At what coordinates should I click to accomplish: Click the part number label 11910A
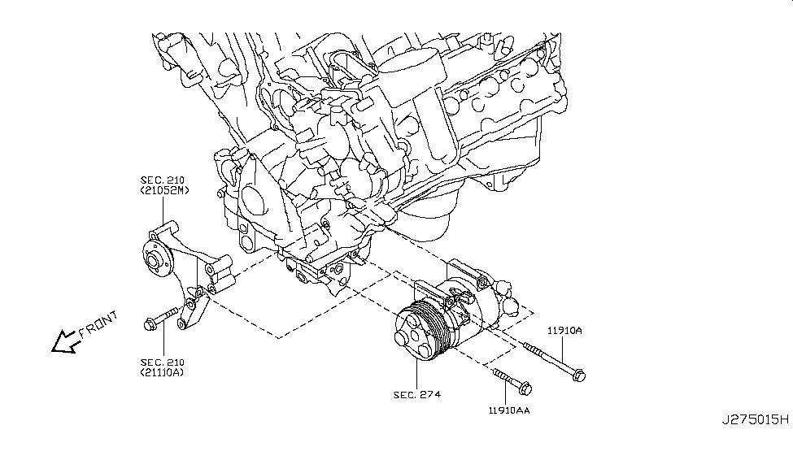click(564, 332)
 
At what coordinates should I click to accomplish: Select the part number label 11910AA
click(511, 410)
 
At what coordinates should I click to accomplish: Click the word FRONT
click(99, 325)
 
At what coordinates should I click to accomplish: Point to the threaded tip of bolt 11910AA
click(496, 372)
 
